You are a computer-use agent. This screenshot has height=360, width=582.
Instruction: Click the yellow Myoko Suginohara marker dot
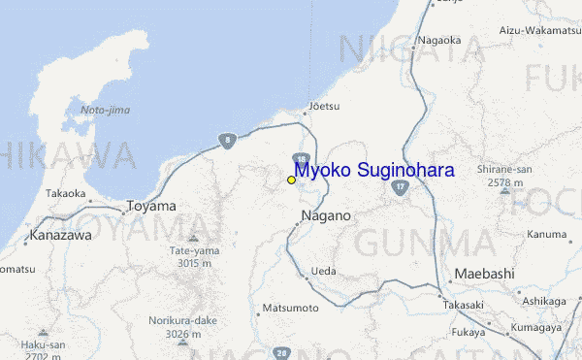(x=291, y=180)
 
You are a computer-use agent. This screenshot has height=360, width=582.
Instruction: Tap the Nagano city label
(x=325, y=215)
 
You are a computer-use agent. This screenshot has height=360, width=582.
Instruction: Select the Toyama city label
(x=151, y=207)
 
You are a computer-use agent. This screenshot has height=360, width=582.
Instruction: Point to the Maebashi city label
(x=484, y=274)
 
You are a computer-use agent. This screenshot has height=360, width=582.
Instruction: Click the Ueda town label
(x=324, y=272)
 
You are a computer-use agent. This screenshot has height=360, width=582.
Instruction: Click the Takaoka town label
(x=65, y=193)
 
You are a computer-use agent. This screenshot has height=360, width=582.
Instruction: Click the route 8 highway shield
(x=226, y=140)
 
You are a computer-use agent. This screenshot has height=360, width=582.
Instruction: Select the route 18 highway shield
(x=302, y=159)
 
